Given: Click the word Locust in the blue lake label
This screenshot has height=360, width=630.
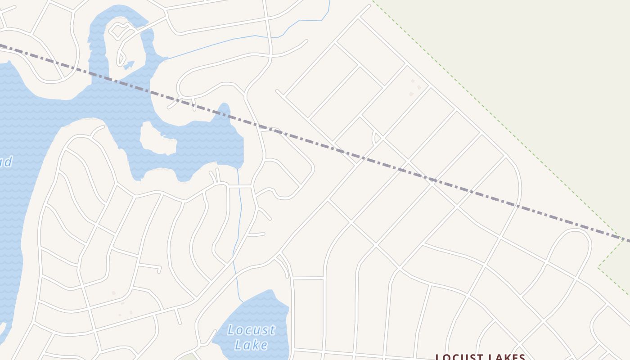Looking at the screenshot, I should pyautogui.click(x=251, y=330).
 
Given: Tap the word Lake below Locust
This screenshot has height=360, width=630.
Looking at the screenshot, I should pyautogui.click(x=251, y=345).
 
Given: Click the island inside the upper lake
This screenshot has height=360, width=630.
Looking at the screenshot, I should pyautogui.click(x=157, y=139).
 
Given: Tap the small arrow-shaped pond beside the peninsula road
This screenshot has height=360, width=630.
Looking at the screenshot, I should pyautogui.click(x=129, y=65).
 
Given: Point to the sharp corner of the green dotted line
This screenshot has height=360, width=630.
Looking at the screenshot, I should pyautogui.click(x=598, y=268).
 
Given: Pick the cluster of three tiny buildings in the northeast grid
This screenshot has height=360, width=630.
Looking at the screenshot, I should pyautogui.click(x=415, y=87).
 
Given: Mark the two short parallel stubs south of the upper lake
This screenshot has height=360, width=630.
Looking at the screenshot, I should pyautogui.click(x=215, y=175).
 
